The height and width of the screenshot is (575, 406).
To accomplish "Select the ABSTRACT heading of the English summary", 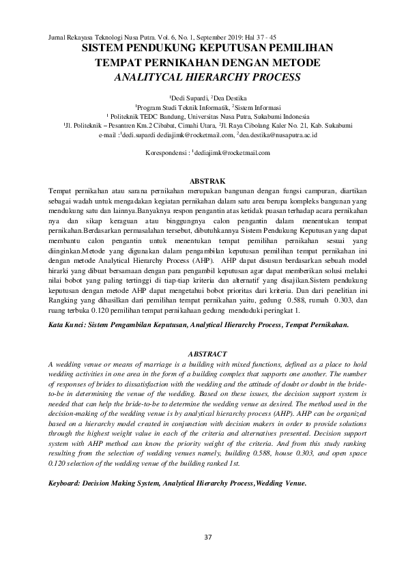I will point(207,354).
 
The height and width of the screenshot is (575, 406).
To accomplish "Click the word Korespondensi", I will point(166,154).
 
